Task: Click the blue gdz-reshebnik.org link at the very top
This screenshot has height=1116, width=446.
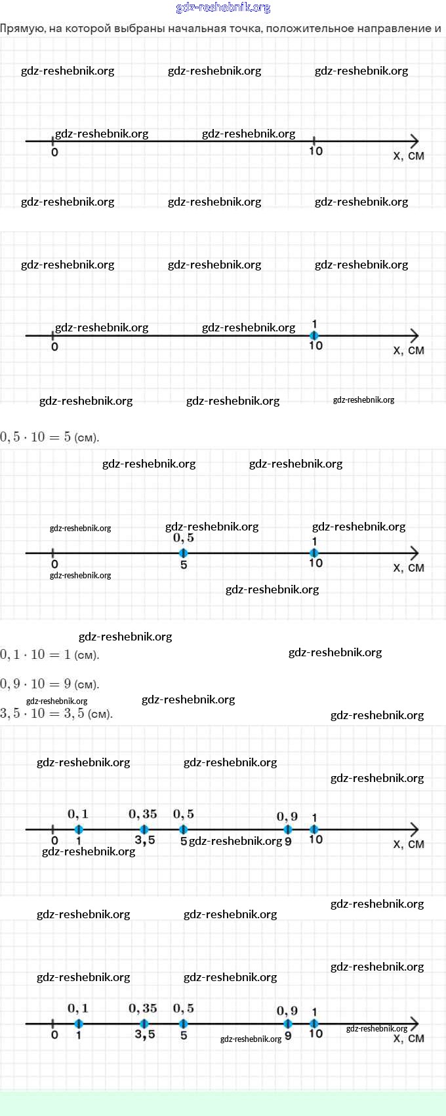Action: pos(223,8)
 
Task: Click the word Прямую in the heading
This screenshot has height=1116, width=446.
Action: pos(22,29)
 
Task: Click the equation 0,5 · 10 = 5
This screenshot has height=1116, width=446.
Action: pos(35,437)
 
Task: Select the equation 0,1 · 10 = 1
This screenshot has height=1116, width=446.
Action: pos(35,654)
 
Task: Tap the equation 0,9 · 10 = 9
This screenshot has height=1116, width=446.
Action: pos(35,684)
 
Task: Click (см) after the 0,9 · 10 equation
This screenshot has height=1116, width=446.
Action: pos(87,684)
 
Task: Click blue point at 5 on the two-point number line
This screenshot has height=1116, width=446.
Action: pos(184,553)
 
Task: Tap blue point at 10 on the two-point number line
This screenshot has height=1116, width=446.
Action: pos(314,553)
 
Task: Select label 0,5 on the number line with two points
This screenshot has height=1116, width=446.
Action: pos(184,538)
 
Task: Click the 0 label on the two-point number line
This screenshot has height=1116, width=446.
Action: pos(54,564)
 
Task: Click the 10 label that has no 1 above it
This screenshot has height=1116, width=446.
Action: pos(315,151)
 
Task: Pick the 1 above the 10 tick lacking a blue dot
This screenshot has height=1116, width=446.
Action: pos(315,324)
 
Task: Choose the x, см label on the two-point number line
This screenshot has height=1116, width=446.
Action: pos(409,568)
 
